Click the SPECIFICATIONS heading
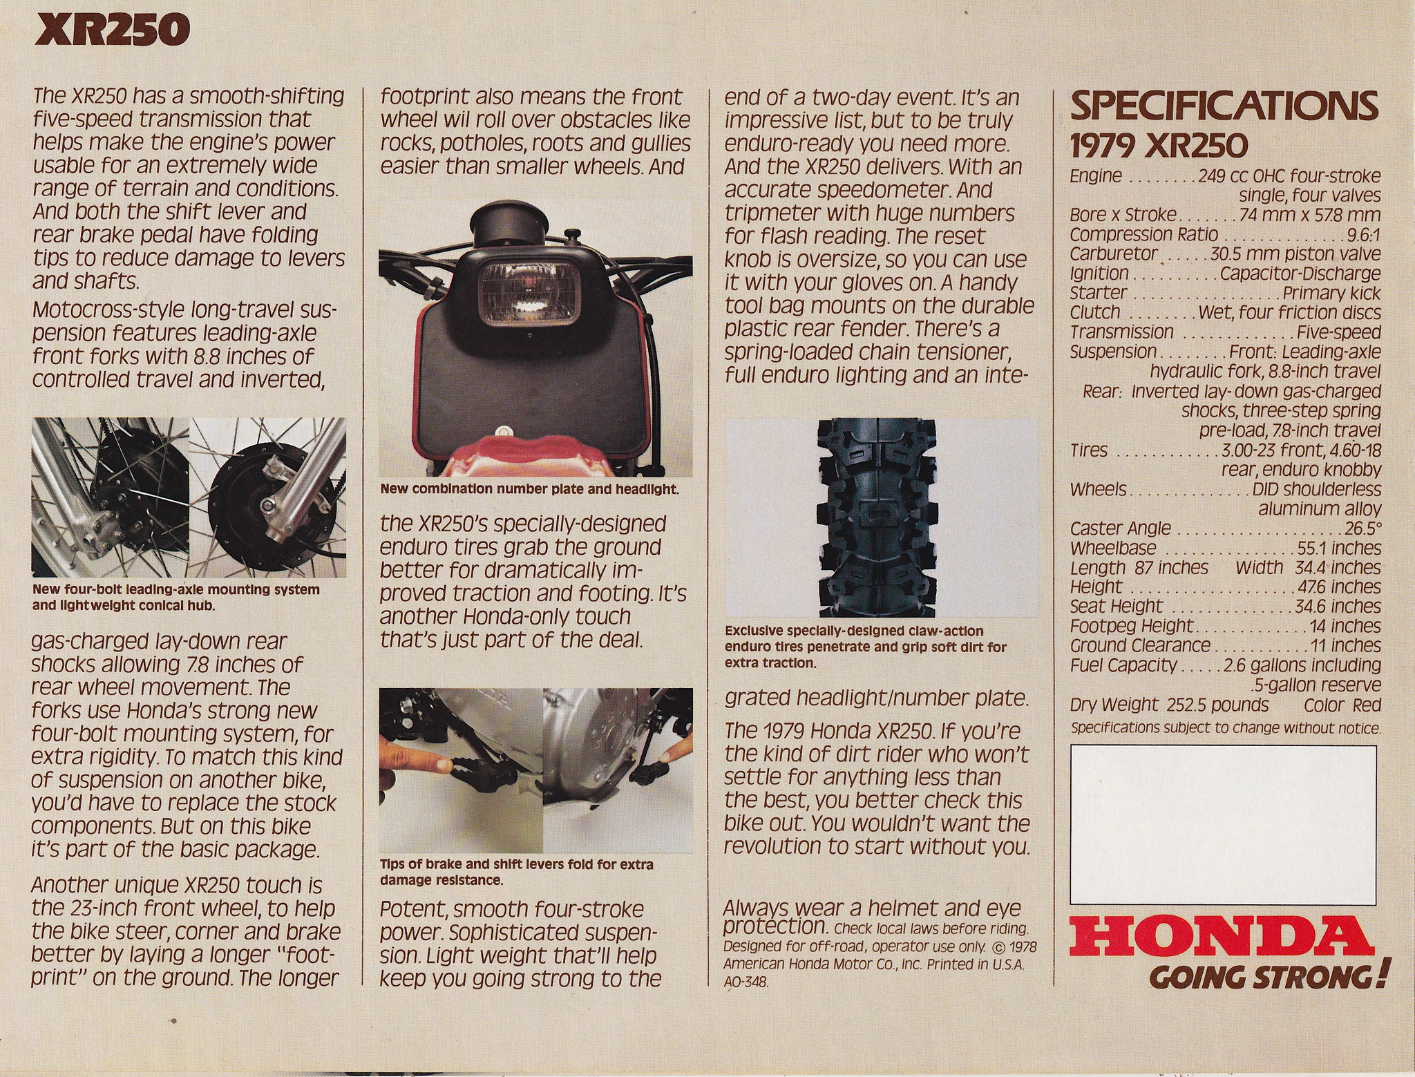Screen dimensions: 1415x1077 [x=1224, y=107]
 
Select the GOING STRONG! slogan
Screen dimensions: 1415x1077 [x=1268, y=978]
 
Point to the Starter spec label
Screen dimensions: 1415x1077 [x=1098, y=293]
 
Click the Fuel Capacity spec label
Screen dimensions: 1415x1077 [x=1123, y=665]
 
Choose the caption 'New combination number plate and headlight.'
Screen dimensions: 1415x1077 [x=529, y=490]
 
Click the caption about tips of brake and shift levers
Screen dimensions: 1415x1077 [x=516, y=873]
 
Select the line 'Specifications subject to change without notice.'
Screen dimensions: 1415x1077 [x=1226, y=728]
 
